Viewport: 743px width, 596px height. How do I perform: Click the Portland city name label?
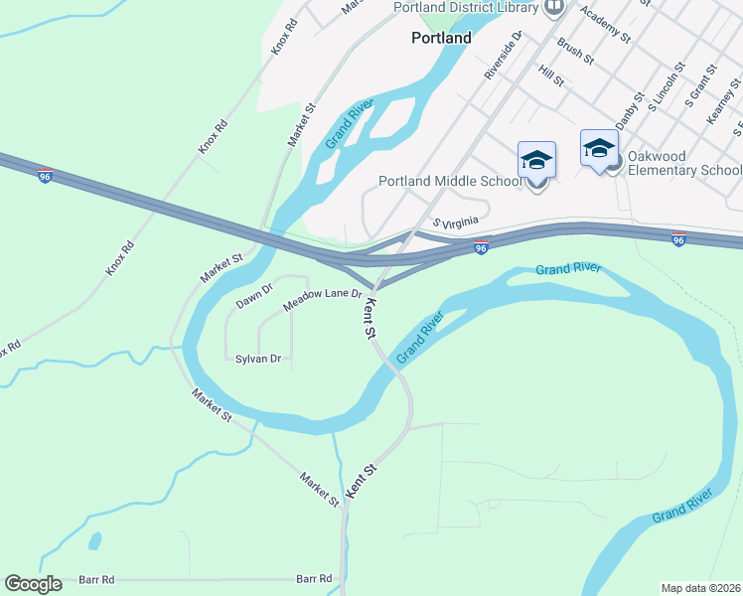pyautogui.click(x=441, y=38)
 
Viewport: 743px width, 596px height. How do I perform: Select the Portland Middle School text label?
pyautogui.click(x=450, y=182)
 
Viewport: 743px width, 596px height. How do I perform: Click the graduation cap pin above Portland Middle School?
pyautogui.click(x=536, y=159)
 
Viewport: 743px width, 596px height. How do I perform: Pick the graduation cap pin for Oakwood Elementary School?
pyautogui.click(x=599, y=148)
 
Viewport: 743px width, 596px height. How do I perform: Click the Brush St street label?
pyautogui.click(x=575, y=51)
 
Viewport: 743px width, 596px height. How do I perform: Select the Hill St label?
pyautogui.click(x=549, y=74)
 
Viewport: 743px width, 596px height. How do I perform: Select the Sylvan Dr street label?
pyautogui.click(x=258, y=358)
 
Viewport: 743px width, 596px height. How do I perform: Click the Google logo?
pyautogui.click(x=33, y=584)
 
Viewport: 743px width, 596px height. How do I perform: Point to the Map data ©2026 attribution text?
pyautogui.click(x=701, y=588)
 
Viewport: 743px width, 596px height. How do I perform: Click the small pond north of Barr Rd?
pyautogui.click(x=94, y=541)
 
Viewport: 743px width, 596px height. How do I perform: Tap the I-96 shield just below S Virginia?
pyautogui.click(x=481, y=247)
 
